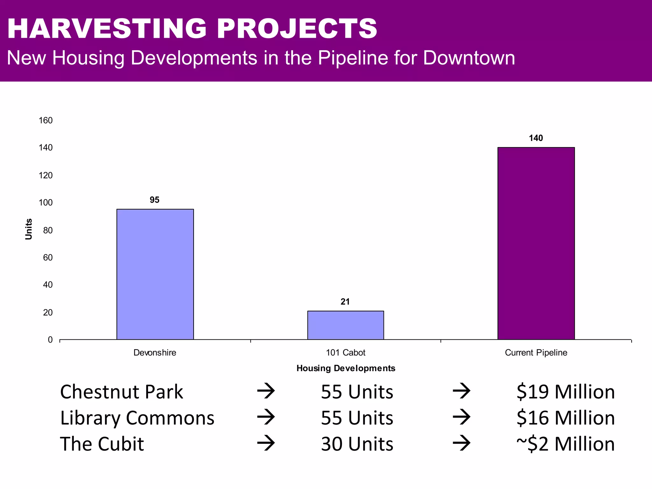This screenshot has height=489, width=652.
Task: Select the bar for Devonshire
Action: click(155, 274)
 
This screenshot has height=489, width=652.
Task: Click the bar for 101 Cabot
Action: click(345, 325)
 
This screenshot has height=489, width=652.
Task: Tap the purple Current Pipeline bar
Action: click(536, 243)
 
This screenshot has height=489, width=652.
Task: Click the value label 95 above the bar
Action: click(154, 200)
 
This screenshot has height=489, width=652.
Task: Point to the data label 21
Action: click(345, 302)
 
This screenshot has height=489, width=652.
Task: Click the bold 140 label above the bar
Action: click(536, 138)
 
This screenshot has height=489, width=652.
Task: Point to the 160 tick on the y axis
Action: click(46, 120)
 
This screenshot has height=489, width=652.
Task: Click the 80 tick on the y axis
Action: click(48, 230)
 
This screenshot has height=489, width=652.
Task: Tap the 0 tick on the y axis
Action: click(50, 340)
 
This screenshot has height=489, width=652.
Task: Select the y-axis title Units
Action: click(29, 229)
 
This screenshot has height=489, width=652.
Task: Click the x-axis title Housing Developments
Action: click(346, 368)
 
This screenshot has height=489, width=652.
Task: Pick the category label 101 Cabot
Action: click(345, 353)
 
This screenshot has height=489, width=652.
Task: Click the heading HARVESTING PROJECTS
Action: click(192, 29)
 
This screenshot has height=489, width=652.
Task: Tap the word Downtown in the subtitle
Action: click(469, 58)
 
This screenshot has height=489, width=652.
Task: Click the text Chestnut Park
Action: click(121, 392)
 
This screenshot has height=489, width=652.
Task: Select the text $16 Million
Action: click(565, 418)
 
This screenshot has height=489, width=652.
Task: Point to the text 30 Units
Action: click(357, 444)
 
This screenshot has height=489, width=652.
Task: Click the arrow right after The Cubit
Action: click(266, 443)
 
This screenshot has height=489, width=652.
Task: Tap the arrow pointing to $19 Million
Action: click(461, 391)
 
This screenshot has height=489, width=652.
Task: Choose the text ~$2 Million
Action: click(565, 444)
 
